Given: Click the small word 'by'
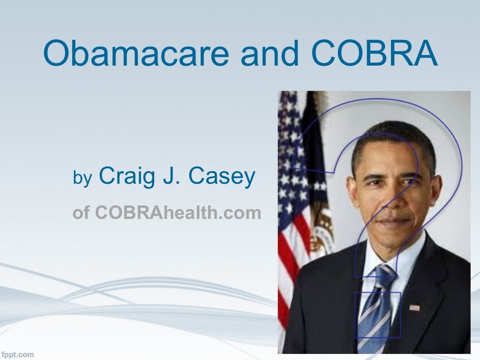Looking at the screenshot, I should tap(83, 179).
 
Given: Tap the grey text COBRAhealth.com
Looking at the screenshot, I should tap(178, 213).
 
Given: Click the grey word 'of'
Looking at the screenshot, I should tap(81, 213).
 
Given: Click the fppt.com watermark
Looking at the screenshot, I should tap(17, 354).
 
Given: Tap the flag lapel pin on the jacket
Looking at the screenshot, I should tap(414, 307).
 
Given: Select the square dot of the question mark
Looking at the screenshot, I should tap(378, 314).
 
